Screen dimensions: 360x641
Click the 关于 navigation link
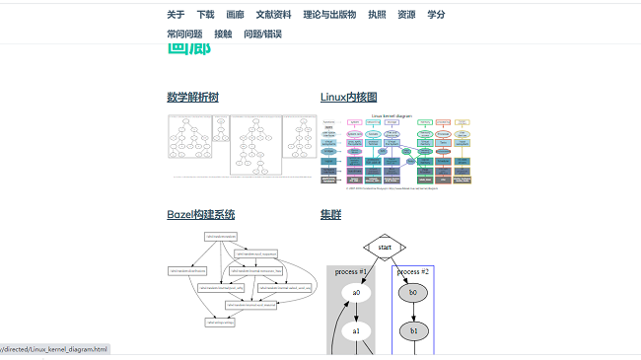[x=176, y=15]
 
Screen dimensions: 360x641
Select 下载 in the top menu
[x=205, y=15]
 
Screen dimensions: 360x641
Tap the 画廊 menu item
[x=235, y=15]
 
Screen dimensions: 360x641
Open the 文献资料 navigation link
[x=273, y=15]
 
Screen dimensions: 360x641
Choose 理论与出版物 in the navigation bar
[x=330, y=15]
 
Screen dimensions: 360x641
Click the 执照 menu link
[x=377, y=15]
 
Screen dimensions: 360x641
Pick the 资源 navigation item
[x=406, y=15]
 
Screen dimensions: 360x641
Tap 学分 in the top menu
[x=436, y=15]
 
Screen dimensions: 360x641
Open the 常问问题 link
[x=184, y=34]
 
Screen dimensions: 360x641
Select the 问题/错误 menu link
[x=262, y=34]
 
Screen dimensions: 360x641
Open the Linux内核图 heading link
[x=349, y=97]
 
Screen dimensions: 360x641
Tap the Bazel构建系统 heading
[x=200, y=214]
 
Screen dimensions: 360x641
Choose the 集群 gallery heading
[x=330, y=214]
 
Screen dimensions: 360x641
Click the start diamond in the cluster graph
[x=385, y=247]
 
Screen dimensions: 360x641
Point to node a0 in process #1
[x=356, y=293]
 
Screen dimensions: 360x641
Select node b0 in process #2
[x=413, y=293]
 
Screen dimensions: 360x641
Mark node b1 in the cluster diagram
[x=413, y=330]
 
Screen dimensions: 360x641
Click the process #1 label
[x=351, y=271]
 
